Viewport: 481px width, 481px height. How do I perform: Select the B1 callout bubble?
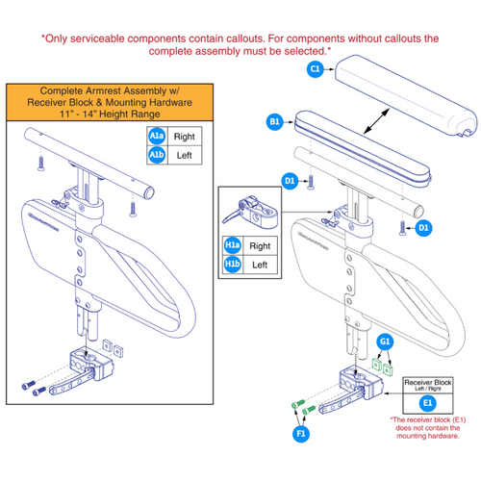tap(274, 122)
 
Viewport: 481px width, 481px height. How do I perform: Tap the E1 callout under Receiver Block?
tap(428, 403)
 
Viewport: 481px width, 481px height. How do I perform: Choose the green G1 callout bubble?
tap(385, 342)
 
